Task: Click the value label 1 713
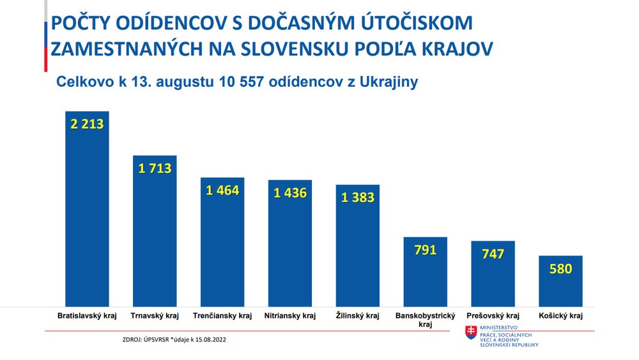[155, 169]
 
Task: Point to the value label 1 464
[222, 190]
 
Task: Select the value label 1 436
[290, 192]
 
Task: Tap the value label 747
[493, 254]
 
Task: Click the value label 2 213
[88, 124]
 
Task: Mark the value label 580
[560, 269]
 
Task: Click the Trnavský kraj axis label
[155, 316]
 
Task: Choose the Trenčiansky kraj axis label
[222, 316]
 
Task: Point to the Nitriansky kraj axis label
[290, 316]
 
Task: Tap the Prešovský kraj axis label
[493, 316]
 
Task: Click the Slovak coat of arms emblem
[471, 333]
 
